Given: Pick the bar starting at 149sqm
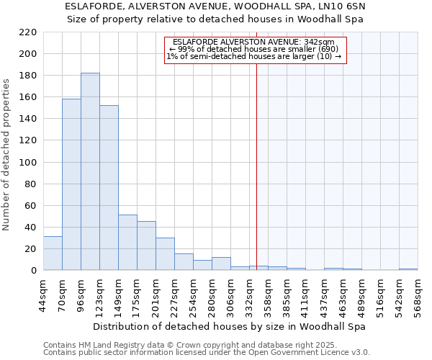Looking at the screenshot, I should [127, 242].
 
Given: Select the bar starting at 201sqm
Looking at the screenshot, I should [165, 253].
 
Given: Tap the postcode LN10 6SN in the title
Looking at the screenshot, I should [345, 6].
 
